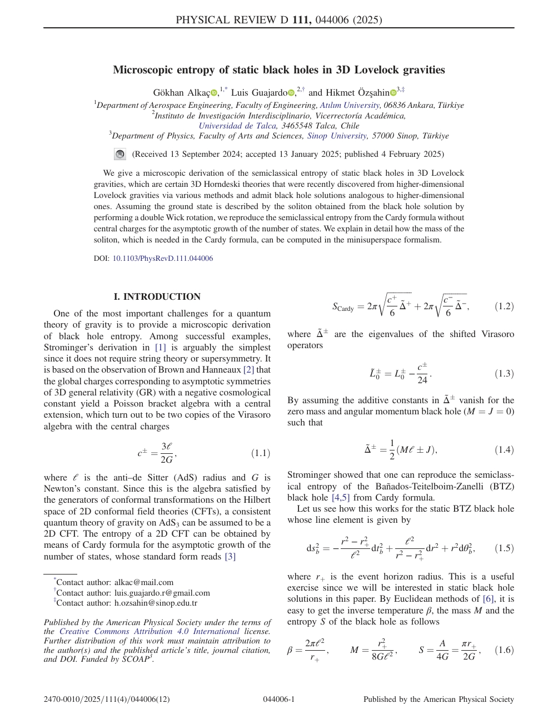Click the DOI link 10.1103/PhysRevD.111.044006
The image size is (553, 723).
[163, 259]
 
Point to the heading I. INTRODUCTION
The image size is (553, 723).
[157, 296]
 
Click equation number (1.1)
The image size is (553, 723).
[261, 453]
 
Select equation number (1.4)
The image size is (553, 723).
[504, 449]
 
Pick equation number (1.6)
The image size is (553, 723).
[504, 650]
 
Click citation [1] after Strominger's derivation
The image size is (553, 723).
[160, 348]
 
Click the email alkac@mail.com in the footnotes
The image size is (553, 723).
[144, 582]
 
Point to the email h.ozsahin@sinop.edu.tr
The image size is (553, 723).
[156, 603]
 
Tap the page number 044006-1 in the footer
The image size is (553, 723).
[278, 699]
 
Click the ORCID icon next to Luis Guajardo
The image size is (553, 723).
[291, 93]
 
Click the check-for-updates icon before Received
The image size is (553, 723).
[119, 154]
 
